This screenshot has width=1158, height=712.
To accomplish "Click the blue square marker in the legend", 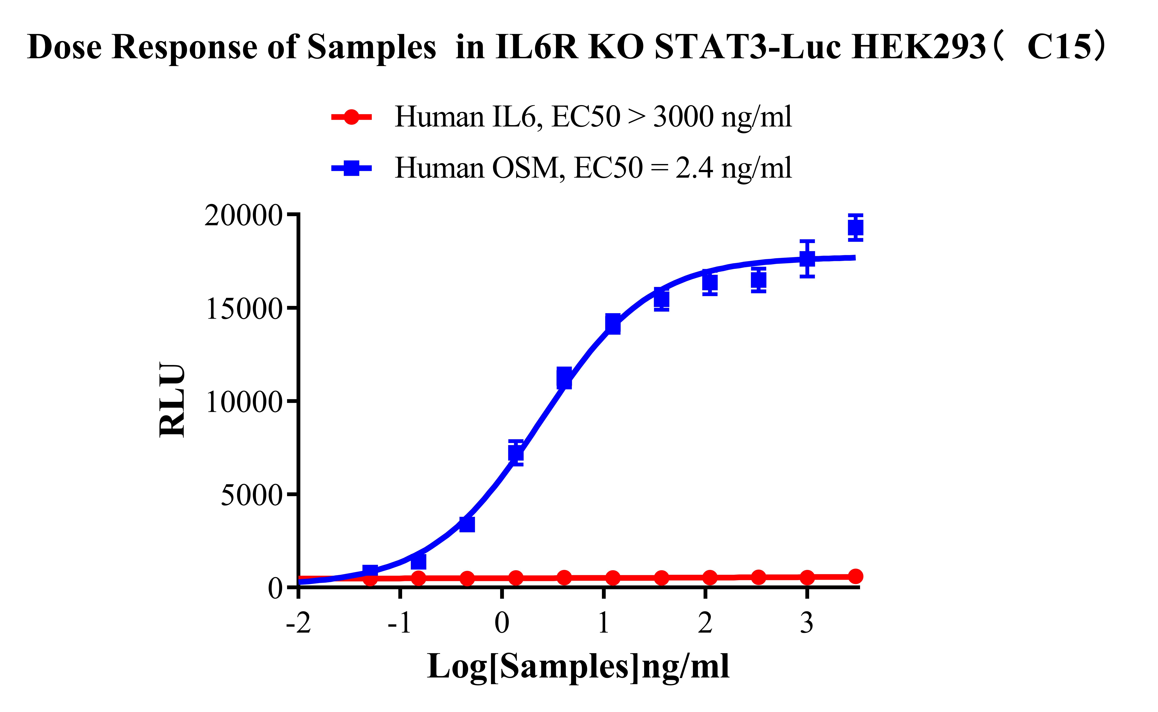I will pos(351,168).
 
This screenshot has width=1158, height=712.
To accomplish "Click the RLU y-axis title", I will pos(172,400).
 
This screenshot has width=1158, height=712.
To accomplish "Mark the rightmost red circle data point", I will pos(855,576).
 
